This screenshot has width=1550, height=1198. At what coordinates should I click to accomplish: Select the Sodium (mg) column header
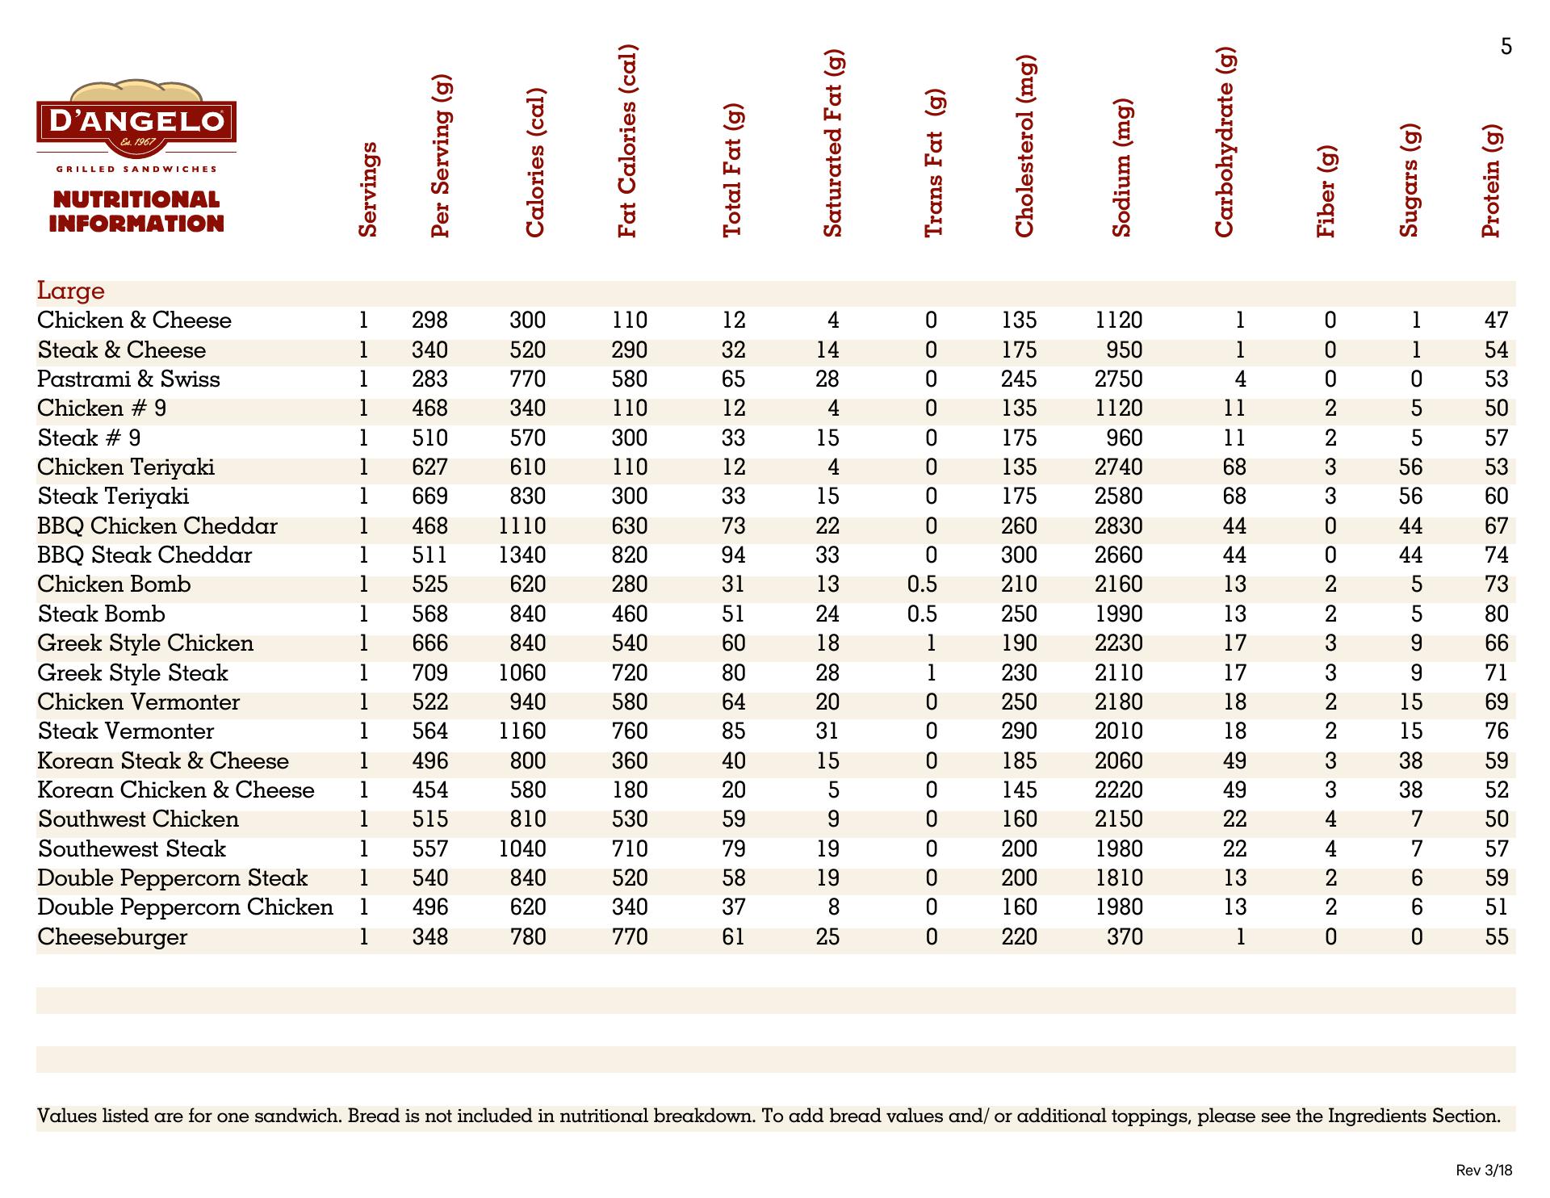pos(1122,170)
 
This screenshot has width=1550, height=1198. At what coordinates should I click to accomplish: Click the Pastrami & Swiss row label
pos(128,379)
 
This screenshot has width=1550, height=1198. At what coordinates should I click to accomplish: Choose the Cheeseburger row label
pos(112,937)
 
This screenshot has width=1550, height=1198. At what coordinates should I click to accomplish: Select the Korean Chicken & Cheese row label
pos(176,790)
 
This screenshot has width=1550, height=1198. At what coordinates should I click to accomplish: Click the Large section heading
pos(71,291)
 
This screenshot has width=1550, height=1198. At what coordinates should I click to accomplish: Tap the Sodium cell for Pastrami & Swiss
pos(1119,379)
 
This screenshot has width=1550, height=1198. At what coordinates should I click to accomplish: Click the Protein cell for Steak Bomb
pos(1496,614)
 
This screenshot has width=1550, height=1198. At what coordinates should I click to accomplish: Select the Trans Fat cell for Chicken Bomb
pos(922,584)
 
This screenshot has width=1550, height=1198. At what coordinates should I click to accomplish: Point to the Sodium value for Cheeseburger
pos(1125,937)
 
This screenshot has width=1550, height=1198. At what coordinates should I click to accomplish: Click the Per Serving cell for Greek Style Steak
pos(429,673)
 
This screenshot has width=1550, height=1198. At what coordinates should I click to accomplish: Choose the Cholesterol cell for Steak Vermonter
pos(1019,731)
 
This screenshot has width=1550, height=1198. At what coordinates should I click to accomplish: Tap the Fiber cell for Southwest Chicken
pos(1330,819)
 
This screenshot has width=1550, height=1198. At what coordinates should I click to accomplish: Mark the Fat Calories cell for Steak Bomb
pos(630,614)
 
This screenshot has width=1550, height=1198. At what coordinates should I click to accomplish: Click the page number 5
pos(1506,47)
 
